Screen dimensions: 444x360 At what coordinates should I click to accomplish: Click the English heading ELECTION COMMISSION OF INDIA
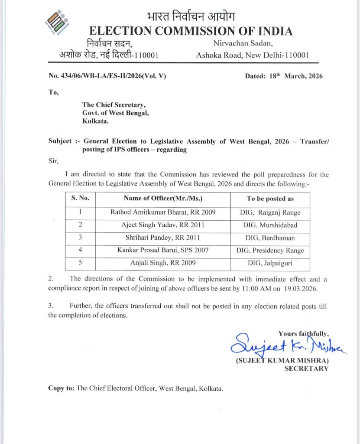pyautogui.click(x=190, y=31)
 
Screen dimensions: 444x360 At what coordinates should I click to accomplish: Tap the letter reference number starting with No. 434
pyautogui.click(x=107, y=76)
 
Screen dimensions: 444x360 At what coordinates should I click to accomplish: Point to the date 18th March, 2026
pyautogui.click(x=284, y=76)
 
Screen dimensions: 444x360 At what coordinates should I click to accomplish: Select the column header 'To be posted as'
pyautogui.click(x=270, y=199)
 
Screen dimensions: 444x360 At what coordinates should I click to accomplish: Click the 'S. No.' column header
pyautogui.click(x=80, y=199)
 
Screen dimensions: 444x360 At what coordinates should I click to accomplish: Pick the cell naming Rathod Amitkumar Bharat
pyautogui.click(x=162, y=212)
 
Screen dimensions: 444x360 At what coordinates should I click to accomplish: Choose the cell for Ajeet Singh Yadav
pyautogui.click(x=162, y=225)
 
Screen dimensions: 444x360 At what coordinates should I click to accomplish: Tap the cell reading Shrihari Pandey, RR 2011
pyautogui.click(x=162, y=238)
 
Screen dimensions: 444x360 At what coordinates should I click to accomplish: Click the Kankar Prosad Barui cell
pyautogui.click(x=162, y=251)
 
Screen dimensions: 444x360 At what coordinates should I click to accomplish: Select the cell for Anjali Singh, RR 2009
pyautogui.click(x=162, y=263)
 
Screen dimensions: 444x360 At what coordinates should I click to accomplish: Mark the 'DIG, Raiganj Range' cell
pyautogui.click(x=270, y=212)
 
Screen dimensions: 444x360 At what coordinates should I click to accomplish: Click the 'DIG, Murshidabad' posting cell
pyautogui.click(x=270, y=225)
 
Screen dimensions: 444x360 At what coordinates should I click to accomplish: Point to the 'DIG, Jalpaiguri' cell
pyautogui.click(x=270, y=263)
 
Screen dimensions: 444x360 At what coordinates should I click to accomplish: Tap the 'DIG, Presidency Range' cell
pyautogui.click(x=270, y=251)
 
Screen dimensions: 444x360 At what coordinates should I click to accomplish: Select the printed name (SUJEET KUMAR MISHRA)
pyautogui.click(x=282, y=361)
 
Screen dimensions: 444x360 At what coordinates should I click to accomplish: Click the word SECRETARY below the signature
pyautogui.click(x=306, y=369)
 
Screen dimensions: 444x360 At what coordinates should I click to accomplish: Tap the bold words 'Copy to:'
pyautogui.click(x=61, y=388)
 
